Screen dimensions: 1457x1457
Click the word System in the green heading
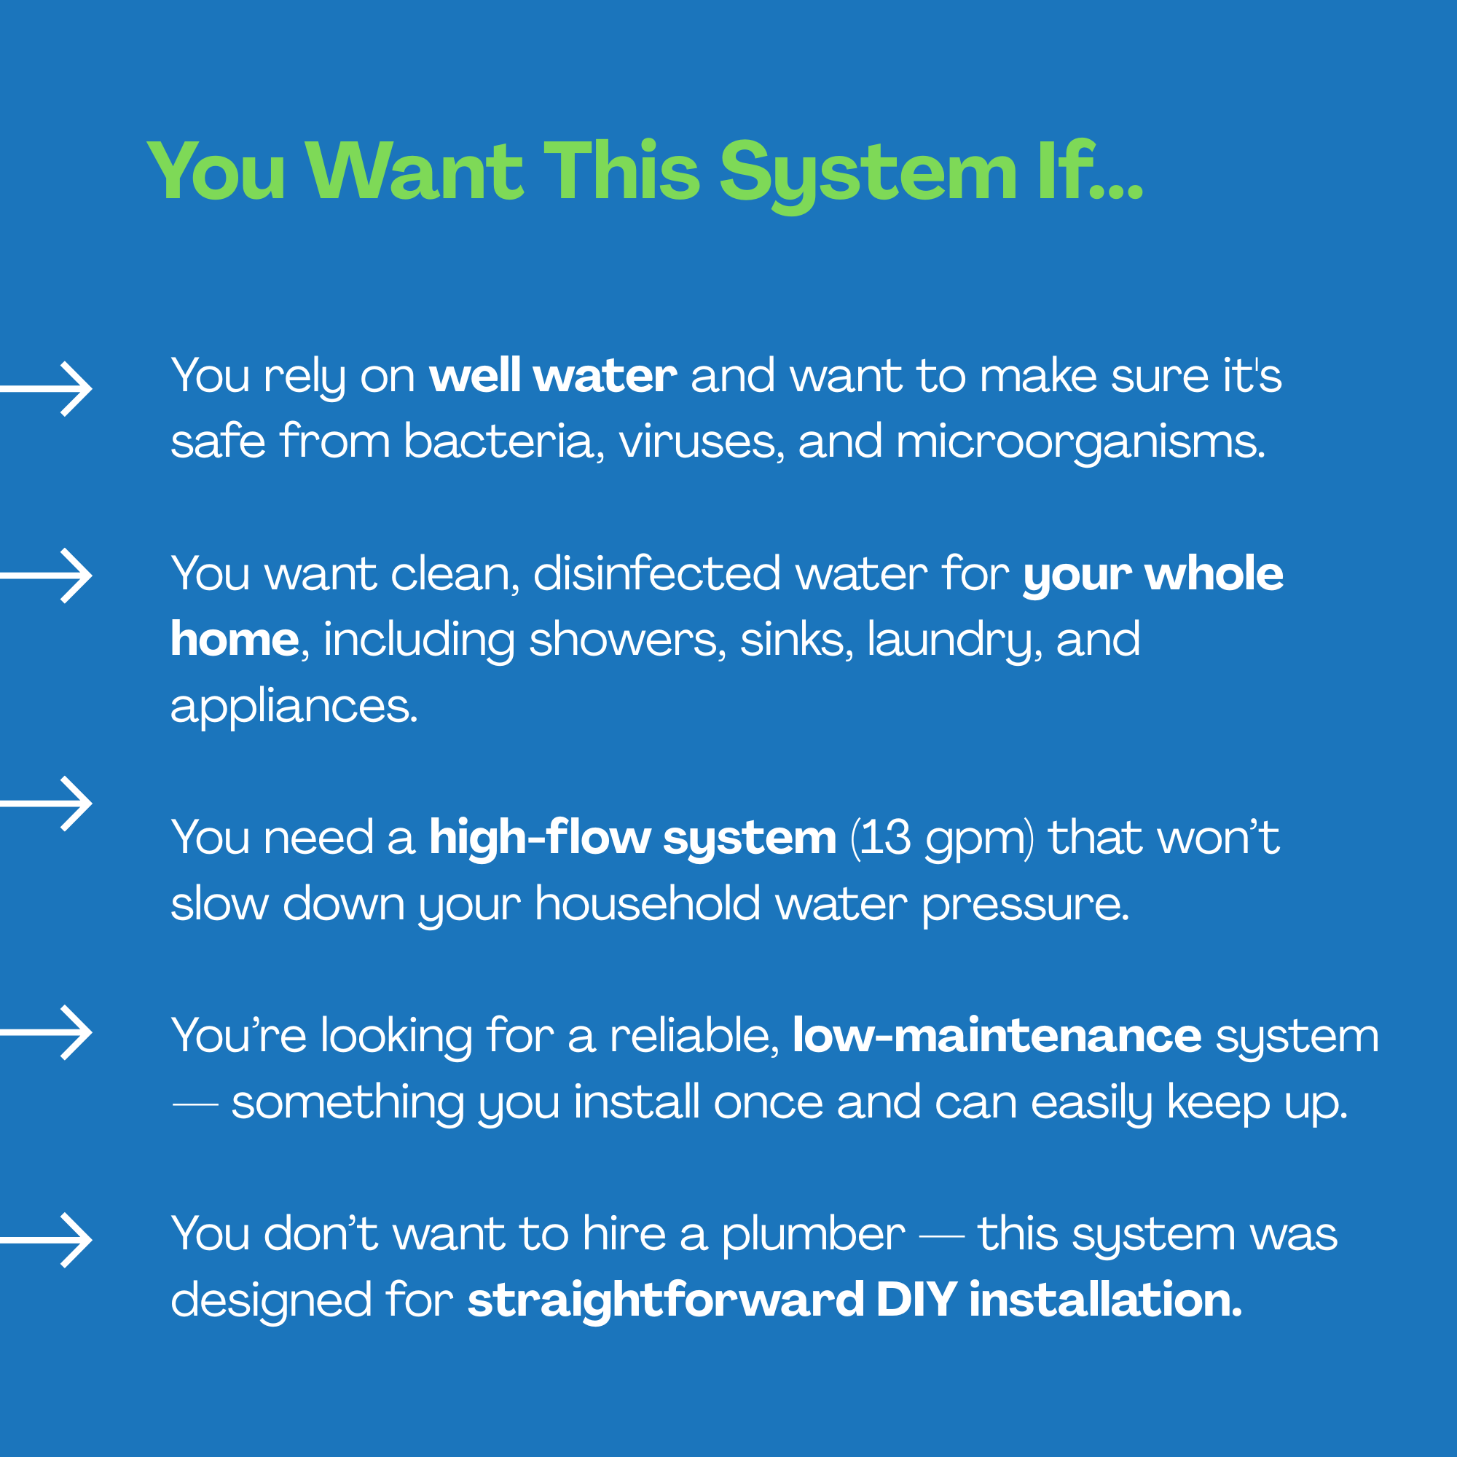coord(869,174)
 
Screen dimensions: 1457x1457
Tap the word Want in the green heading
coord(414,171)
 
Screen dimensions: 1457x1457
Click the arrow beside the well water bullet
coord(46,389)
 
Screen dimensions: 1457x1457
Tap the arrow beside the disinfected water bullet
coord(46,576)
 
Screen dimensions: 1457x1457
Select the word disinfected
coord(657,573)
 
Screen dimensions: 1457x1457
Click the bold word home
coord(235,639)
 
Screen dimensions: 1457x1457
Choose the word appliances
coord(294,707)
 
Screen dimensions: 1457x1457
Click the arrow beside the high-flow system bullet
coord(46,804)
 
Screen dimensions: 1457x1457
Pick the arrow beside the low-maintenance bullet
coord(46,1033)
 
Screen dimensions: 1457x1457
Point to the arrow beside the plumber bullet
coord(46,1241)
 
